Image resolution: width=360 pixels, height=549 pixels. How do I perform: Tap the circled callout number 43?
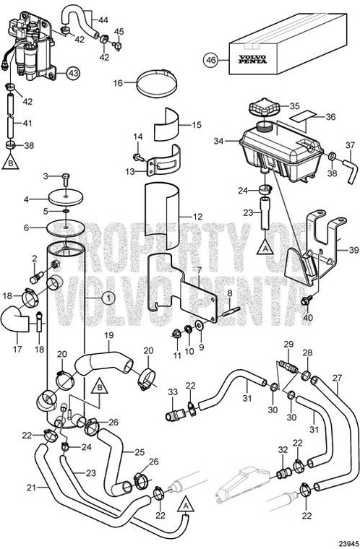coord(74,72)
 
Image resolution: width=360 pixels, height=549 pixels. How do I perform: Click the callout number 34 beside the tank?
coord(219,142)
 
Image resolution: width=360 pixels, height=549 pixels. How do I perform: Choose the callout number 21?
coord(31,467)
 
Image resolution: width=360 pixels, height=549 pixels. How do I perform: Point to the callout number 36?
coord(330,116)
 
